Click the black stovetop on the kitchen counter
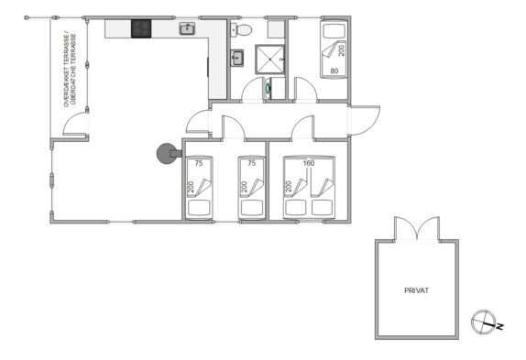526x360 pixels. [x=141, y=28]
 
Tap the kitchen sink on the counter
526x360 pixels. [x=188, y=28]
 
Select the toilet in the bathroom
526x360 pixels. [x=242, y=30]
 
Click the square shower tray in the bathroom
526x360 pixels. [x=269, y=59]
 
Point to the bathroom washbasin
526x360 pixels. [x=237, y=58]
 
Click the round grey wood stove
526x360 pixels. [x=167, y=154]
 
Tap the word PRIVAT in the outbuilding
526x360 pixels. [x=416, y=290]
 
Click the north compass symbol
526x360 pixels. [x=484, y=322]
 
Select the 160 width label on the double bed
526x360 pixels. [x=309, y=163]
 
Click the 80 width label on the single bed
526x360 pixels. [x=334, y=71]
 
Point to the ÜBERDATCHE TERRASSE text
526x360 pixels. [x=74, y=68]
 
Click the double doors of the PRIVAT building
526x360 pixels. [x=417, y=229]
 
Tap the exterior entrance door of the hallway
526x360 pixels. [x=364, y=121]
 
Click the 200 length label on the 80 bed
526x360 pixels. [x=342, y=50]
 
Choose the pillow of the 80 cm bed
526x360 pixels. [x=334, y=31]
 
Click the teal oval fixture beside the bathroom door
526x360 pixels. [x=268, y=88]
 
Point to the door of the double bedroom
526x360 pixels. [x=303, y=127]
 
